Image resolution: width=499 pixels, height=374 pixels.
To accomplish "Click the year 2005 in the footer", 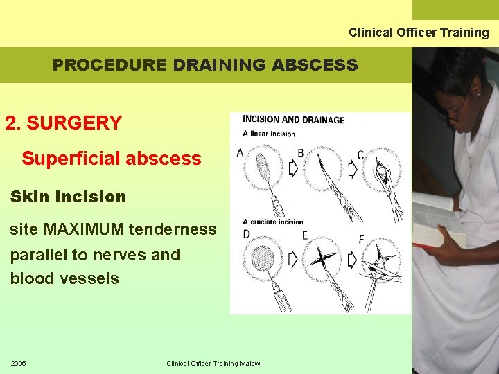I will tap(19, 364).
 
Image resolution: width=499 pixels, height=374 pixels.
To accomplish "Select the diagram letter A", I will tap(240, 152).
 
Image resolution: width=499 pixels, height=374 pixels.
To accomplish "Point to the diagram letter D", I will tap(246, 235).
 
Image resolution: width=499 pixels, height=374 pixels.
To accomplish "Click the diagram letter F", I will tap(361, 240).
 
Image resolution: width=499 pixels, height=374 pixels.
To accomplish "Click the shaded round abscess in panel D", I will tap(263, 258).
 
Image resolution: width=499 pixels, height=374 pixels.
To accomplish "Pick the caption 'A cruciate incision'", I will tap(273, 222).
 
